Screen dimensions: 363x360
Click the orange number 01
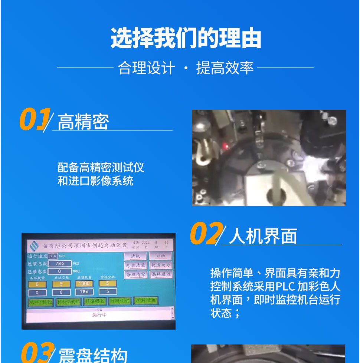[34, 119]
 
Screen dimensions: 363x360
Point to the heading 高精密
[84, 122]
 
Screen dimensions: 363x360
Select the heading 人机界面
[263, 236]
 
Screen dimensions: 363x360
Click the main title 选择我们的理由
[186, 39]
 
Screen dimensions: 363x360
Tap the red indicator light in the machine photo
[225, 148]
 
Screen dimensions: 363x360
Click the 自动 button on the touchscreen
[160, 256]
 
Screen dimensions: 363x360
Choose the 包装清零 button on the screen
[135, 265]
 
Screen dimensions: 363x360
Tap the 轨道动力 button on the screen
[161, 265]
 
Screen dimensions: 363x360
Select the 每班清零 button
[135, 275]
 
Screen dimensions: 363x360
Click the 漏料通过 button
[161, 275]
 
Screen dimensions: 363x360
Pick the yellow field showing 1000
[84, 284]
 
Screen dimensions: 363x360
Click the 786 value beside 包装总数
[60, 263]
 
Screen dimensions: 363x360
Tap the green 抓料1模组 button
[40, 302]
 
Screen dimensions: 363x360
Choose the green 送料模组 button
[145, 301]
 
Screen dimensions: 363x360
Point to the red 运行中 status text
[99, 315]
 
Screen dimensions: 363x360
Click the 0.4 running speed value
[53, 256]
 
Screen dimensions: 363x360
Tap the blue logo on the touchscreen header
[34, 245]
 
